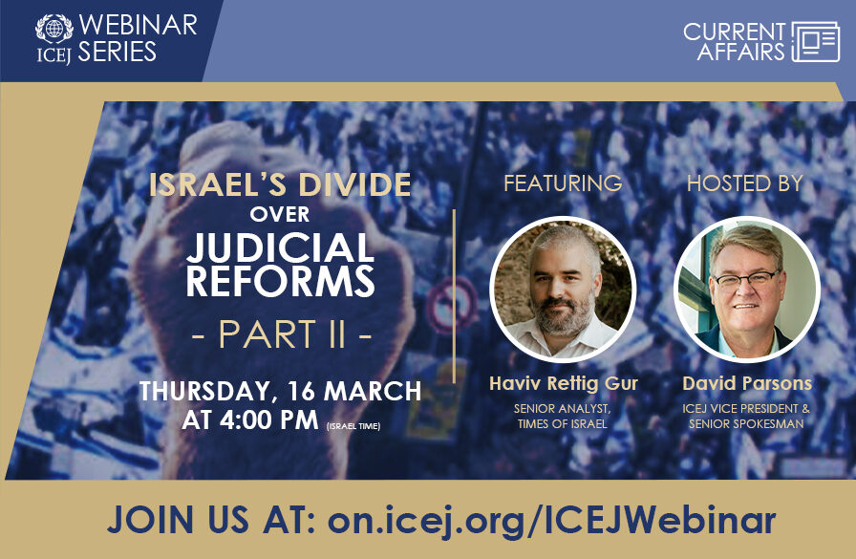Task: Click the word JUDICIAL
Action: pos(280,248)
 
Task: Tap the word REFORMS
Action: pos(280,282)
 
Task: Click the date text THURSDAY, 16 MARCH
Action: pos(280,392)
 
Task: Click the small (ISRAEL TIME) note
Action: pos(353,425)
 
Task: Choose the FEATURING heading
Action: pos(563,183)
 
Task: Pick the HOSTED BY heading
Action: pos(745,183)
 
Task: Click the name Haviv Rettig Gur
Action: pos(562,383)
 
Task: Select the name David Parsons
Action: pos(746,383)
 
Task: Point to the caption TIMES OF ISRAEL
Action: pos(562,423)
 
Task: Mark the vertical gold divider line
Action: pos(454,296)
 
